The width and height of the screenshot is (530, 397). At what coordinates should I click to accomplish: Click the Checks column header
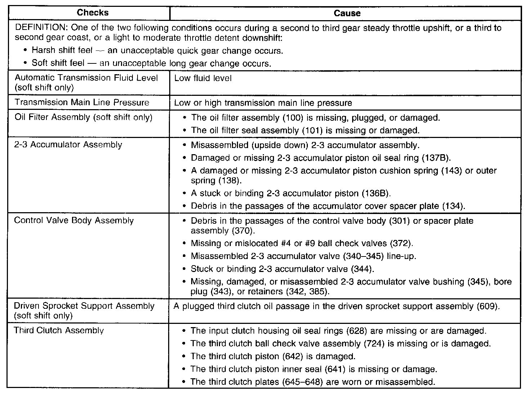click(x=93, y=13)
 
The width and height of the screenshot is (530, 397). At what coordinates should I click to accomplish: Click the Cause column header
click(x=347, y=13)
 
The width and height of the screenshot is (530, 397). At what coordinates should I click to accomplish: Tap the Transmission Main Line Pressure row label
click(x=82, y=102)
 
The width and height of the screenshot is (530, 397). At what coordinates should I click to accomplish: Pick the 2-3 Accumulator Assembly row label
click(x=68, y=145)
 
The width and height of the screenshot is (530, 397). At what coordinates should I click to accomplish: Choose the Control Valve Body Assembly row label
click(x=74, y=220)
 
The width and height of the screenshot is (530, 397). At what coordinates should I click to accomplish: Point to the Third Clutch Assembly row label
click(x=59, y=330)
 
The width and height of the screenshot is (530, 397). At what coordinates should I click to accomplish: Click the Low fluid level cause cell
click(x=203, y=78)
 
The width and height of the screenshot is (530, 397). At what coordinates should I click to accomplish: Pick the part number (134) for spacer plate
click(x=453, y=206)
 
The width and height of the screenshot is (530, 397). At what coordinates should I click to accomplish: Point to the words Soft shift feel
click(x=58, y=63)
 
